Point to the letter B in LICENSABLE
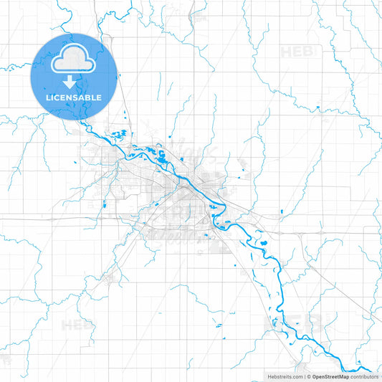click(89, 97)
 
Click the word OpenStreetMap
click(330, 376)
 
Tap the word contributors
click(364, 376)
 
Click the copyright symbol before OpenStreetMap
click(308, 376)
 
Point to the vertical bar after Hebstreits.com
click(303, 376)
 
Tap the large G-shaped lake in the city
click(162, 153)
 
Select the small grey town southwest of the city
click(109, 277)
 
